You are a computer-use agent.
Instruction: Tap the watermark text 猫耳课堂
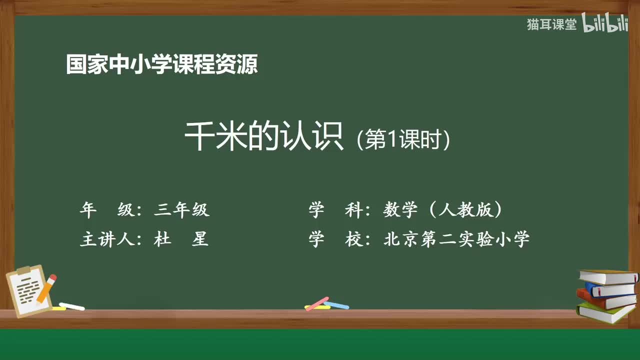pos(551,24)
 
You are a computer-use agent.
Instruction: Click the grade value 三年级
pos(182,210)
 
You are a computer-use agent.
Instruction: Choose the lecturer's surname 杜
pos(162,239)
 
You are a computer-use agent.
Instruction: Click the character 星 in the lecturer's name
pos(200,239)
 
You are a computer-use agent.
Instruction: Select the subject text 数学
pos(400,210)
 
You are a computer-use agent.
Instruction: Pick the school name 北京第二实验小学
pos(456,239)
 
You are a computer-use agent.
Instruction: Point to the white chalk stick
pos(72,306)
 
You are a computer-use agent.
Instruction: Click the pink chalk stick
pos(316,303)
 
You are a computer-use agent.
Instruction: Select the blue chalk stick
pos(336,304)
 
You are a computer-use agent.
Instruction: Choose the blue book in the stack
pos(611,289)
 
